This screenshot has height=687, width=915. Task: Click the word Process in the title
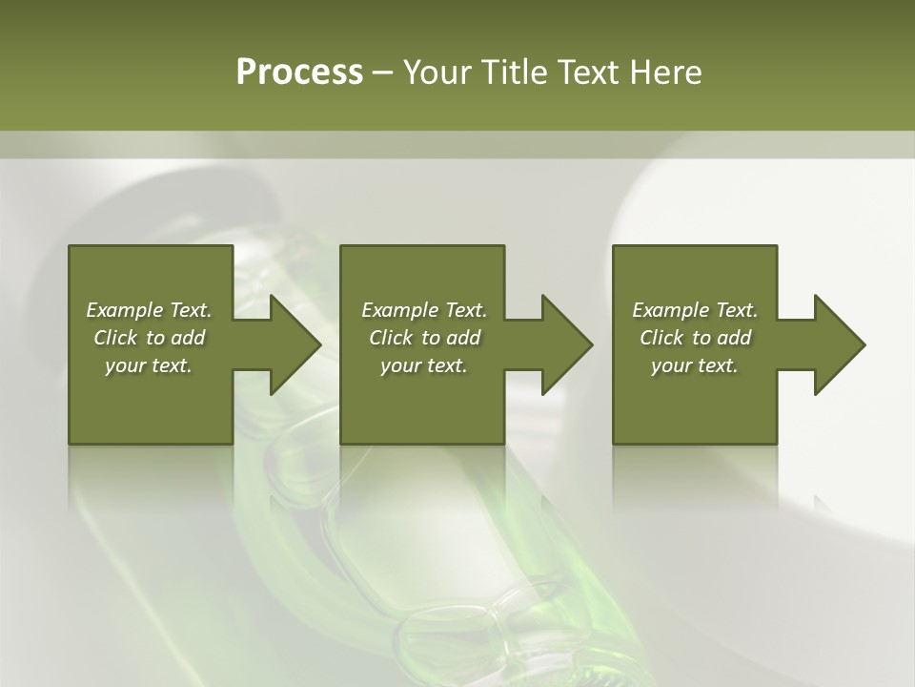[299, 73]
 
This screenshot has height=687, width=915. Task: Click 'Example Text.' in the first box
[149, 310]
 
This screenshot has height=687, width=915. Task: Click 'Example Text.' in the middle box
[424, 310]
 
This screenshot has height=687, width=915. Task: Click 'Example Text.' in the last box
[695, 310]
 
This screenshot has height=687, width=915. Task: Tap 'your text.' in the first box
[149, 365]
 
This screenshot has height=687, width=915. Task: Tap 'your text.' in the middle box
[424, 365]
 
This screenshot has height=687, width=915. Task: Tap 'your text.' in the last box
[695, 365]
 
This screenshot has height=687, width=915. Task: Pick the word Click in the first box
[115, 338]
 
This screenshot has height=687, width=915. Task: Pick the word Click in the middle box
[391, 338]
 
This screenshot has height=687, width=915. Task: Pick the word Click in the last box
[661, 338]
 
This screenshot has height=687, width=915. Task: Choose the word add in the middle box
[463, 338]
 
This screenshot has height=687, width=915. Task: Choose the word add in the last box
[734, 338]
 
